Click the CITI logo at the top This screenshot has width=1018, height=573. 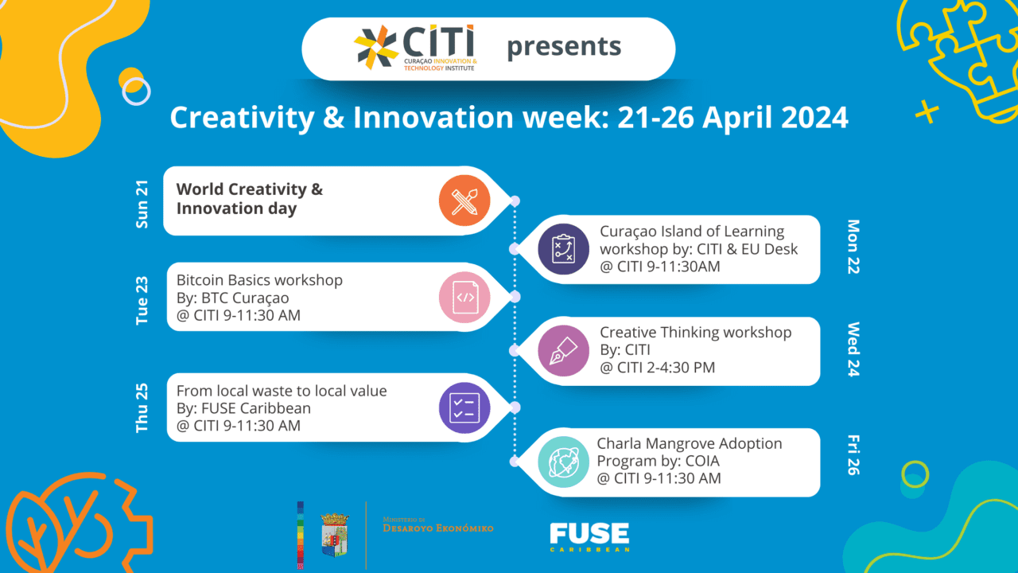pos(415,48)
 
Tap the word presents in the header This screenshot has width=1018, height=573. pos(564,47)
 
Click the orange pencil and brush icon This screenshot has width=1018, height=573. pos(464,201)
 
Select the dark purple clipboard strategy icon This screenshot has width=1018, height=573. pos(564,249)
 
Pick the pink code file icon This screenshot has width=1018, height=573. pos(464,298)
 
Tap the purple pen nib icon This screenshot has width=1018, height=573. pos(564,351)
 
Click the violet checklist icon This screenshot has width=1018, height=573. pos(464,408)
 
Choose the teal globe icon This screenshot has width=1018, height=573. pos(564,462)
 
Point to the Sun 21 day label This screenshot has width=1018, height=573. pos(142,205)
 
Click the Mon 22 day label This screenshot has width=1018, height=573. pos(853,247)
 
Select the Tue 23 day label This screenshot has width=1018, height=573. pos(142,301)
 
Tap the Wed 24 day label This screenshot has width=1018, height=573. pos(853,349)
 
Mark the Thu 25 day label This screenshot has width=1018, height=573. pos(142,408)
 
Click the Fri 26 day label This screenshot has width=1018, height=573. pos(853,455)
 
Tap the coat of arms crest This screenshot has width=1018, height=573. pos(335,535)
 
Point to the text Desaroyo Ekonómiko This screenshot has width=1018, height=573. pos(438,528)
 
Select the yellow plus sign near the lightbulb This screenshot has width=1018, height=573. pos(927,112)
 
